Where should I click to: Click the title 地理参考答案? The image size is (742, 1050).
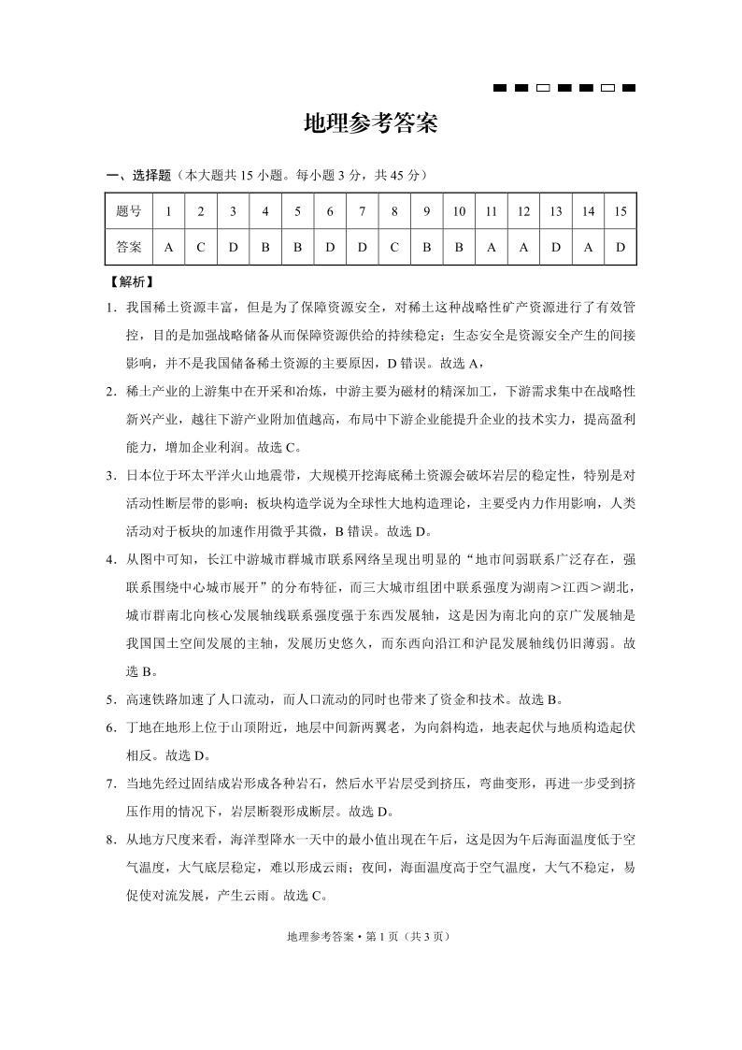(x=371, y=124)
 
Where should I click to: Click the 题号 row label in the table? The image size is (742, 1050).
(x=129, y=211)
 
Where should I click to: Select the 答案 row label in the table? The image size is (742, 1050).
(x=129, y=248)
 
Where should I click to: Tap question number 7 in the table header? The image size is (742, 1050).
(x=362, y=211)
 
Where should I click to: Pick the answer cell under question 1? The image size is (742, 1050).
(x=168, y=248)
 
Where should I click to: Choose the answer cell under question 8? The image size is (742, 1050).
(x=394, y=248)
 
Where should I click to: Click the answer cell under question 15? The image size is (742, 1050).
(x=621, y=248)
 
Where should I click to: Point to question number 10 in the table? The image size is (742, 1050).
(x=459, y=211)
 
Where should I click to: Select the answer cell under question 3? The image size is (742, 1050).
(x=233, y=248)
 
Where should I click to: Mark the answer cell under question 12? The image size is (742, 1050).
(x=523, y=248)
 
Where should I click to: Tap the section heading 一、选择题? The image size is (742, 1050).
(x=139, y=175)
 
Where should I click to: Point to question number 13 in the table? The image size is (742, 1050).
(x=556, y=211)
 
